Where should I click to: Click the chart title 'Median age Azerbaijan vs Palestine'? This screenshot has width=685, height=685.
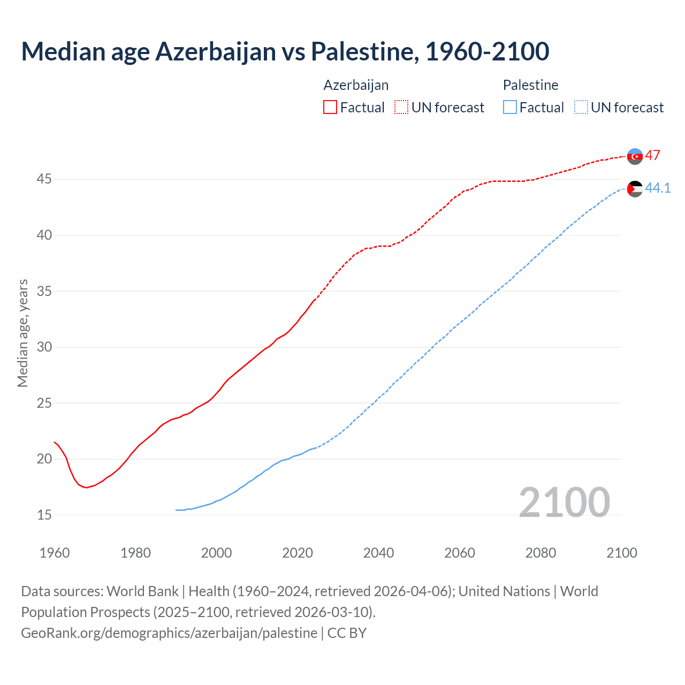coord(285,51)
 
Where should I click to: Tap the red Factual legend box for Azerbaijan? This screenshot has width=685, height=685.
coord(330,107)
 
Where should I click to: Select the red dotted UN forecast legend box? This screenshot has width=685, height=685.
coord(401,107)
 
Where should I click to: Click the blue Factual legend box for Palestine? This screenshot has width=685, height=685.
coord(510,107)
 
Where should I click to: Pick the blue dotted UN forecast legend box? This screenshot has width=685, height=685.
coord(581,107)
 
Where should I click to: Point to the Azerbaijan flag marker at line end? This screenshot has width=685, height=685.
coord(635,156)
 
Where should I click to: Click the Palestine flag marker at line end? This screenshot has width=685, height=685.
coord(635,188)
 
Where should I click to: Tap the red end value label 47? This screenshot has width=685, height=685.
coord(652,156)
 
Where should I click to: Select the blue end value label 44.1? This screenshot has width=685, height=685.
coord(658,188)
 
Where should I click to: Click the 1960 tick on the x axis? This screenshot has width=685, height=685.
coord(55,553)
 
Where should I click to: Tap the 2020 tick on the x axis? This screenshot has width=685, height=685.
coord(298,553)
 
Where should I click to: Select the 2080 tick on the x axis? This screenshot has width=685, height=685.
coord(541,553)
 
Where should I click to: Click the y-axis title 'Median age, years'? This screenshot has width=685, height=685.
coord(22,333)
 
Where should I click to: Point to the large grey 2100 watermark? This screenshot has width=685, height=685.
coord(564,502)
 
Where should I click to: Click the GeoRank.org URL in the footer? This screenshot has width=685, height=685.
coord(169,633)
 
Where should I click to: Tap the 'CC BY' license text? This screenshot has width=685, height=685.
coord(347,633)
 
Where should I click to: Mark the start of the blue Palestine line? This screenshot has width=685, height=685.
coord(176,510)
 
